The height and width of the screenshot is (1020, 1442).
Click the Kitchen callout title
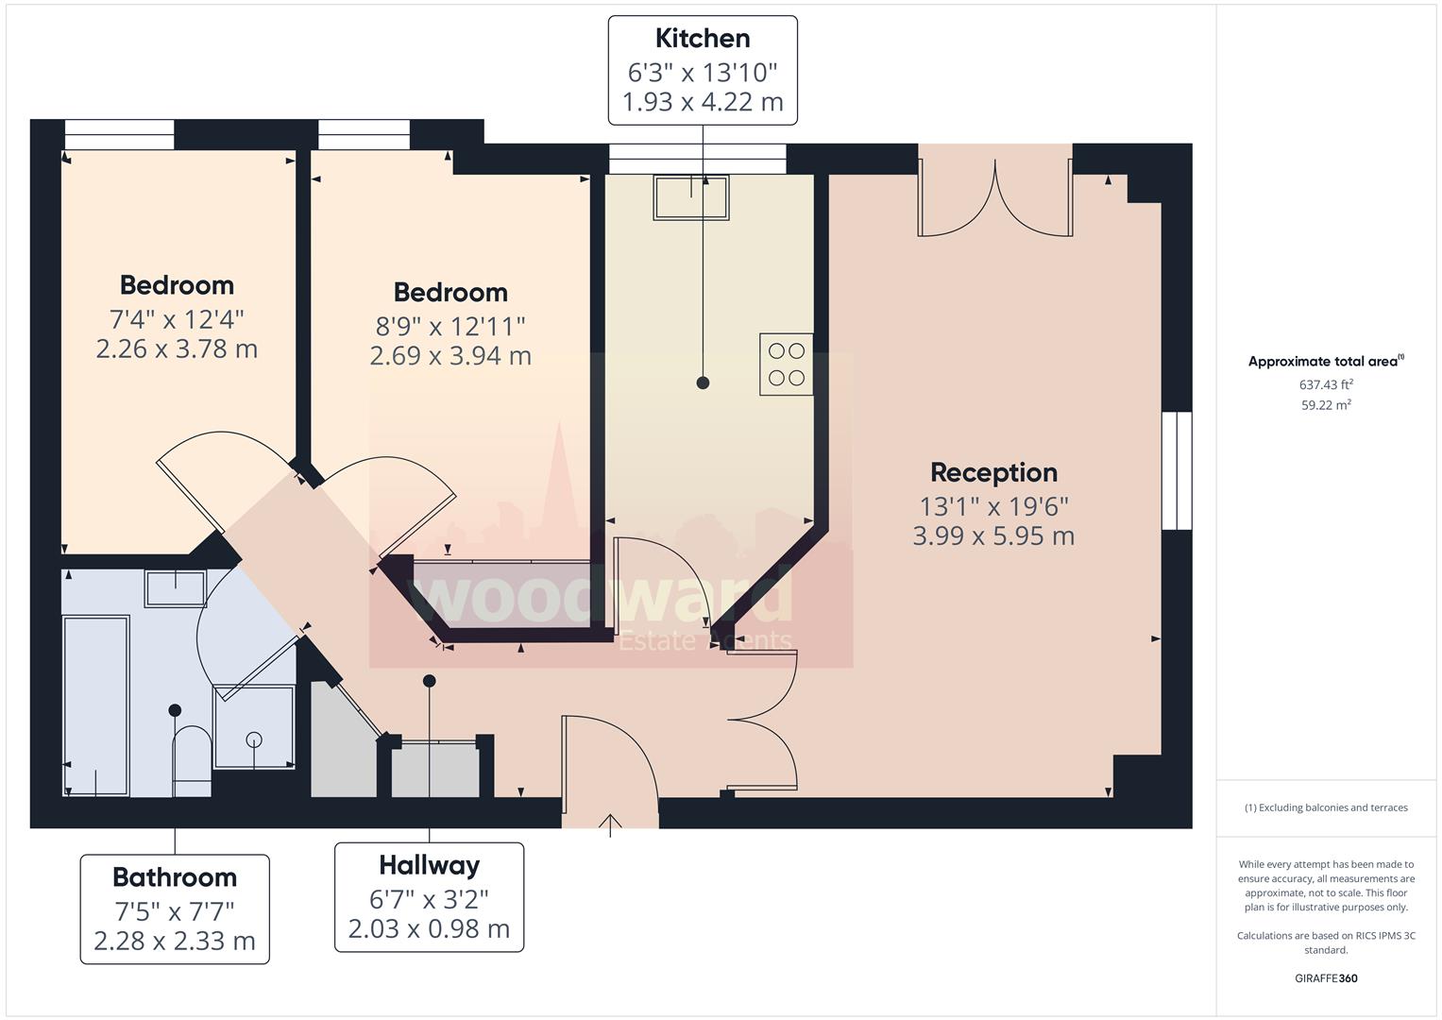point(703,39)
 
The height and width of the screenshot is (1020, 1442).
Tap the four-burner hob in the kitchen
point(786,365)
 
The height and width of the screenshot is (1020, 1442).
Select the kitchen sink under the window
point(691,197)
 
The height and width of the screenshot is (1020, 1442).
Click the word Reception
point(993,472)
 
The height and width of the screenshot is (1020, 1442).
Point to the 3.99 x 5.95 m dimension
point(993,536)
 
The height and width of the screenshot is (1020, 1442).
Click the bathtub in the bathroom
point(95,705)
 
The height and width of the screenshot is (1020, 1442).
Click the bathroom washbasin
point(175,588)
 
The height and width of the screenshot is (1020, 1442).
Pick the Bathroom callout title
point(175,877)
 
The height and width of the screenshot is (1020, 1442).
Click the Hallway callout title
point(429,865)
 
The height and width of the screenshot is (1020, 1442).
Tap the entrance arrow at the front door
point(610,824)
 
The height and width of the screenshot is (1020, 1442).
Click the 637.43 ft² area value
point(1326,384)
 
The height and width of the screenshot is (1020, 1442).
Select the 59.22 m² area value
point(1326,405)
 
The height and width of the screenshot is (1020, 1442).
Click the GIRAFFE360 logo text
point(1326,978)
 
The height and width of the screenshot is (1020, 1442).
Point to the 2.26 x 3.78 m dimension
point(177,349)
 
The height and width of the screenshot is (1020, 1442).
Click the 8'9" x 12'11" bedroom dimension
point(450,326)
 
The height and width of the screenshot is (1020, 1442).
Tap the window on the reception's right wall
point(1177,470)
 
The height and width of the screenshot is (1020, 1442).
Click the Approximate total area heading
point(1324,362)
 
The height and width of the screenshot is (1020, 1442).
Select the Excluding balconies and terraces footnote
point(1326,807)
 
